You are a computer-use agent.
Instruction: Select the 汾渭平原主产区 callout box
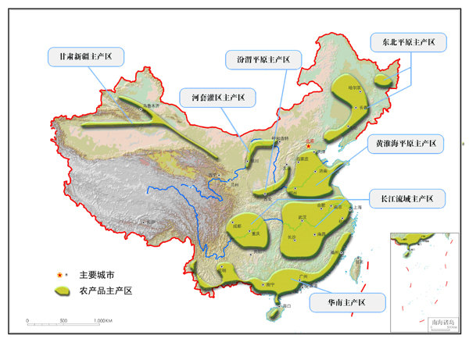[258, 60]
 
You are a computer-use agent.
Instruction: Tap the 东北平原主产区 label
[408, 42]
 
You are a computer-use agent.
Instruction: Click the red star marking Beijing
[310, 144]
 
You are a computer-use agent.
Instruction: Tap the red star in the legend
[59, 275]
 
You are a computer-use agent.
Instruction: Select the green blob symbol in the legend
[61, 290]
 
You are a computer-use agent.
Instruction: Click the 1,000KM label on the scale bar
[103, 321]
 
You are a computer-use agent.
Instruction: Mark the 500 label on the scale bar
[63, 321]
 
